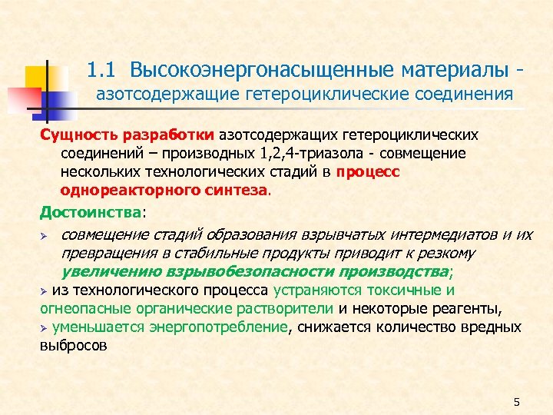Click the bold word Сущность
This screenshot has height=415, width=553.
[77, 134]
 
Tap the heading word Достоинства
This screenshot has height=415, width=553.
[91, 211]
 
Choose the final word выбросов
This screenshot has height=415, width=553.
[74, 346]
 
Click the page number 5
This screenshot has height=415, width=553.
[516, 402]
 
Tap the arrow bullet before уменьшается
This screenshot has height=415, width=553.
[44, 328]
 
